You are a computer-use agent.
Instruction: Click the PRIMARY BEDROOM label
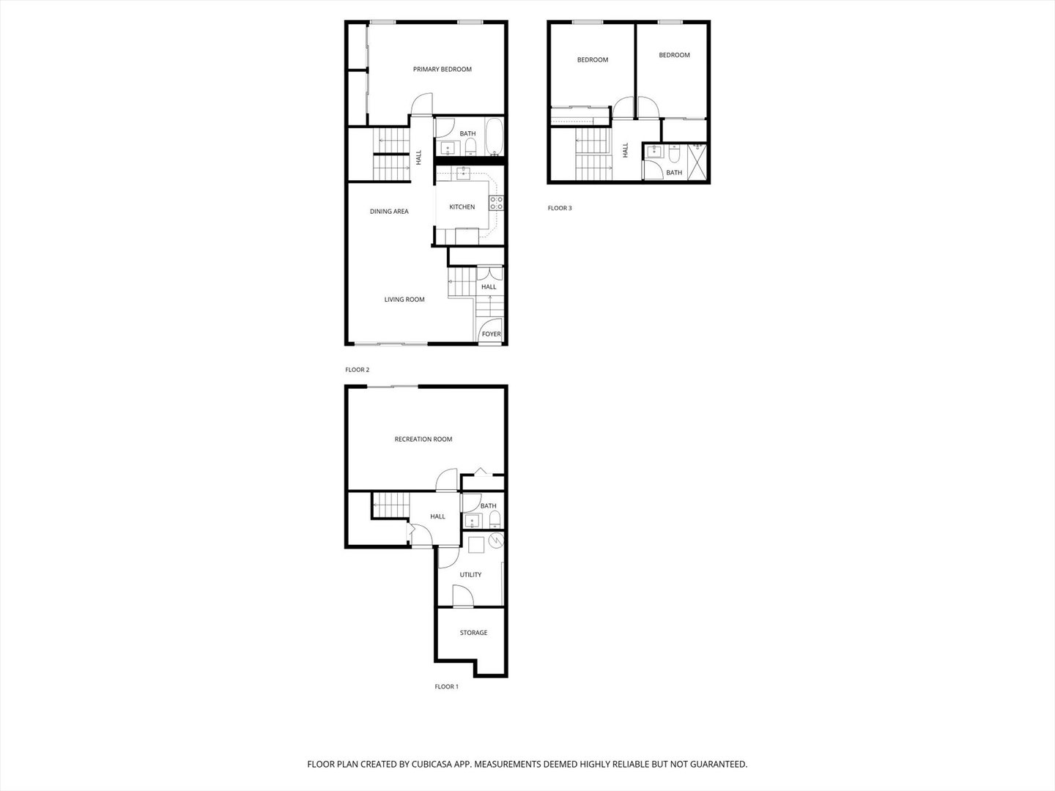coord(443,69)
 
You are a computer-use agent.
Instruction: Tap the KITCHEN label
coord(462,207)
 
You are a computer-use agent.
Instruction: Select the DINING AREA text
coord(389,212)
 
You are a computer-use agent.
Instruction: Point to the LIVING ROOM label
coord(404,300)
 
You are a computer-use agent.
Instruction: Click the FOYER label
coord(491,334)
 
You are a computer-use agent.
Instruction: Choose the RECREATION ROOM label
coord(423,439)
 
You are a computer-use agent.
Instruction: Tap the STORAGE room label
coord(473,633)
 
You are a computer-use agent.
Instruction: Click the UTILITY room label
coord(470,574)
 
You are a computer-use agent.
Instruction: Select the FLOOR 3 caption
coord(560,208)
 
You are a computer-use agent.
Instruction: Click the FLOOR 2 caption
coord(357,370)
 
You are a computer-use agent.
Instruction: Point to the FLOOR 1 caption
coord(446,687)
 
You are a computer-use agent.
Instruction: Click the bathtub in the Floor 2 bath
coord(494,137)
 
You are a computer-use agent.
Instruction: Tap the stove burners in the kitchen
coord(497,203)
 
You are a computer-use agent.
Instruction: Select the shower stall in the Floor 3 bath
coord(697,162)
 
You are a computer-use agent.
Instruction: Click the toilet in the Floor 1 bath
coord(495,520)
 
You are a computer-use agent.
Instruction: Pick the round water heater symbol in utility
coord(496,541)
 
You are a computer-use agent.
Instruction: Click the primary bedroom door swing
coord(421,103)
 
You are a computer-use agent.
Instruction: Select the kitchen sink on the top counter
coord(463,173)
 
